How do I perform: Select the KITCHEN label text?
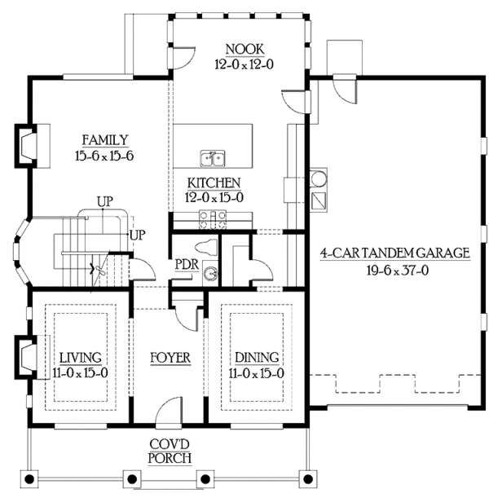tap(213, 183)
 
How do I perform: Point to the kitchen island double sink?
tap(214, 157)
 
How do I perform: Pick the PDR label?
tap(184, 265)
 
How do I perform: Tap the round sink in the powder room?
tap(211, 275)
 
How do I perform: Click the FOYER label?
tap(170, 358)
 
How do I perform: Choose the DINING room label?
tap(257, 357)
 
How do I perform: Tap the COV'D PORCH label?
tap(170, 451)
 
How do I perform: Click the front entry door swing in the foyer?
tap(170, 409)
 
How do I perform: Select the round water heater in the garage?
tap(319, 178)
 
